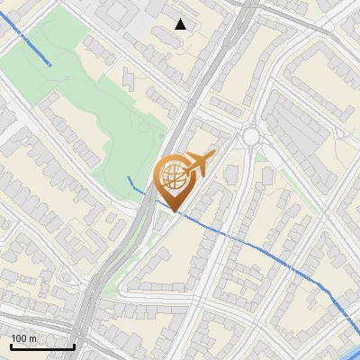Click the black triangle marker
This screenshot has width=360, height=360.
pyautogui.click(x=181, y=24)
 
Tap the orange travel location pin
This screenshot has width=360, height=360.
pyautogui.click(x=177, y=180)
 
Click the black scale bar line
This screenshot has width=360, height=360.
pyautogui.click(x=42, y=346)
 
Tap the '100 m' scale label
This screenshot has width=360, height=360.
pyautogui.click(x=23, y=338)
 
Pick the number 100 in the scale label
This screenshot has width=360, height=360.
pyautogui.click(x=19, y=338)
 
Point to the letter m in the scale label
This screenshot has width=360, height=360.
pyautogui.click(x=32, y=338)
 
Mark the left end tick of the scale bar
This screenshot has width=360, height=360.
pyautogui.click(x=11, y=345)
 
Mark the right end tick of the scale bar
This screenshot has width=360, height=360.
pyautogui.click(x=74, y=345)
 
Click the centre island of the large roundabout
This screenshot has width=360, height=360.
pyautogui.click(x=250, y=137)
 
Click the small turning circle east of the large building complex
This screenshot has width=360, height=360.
pyautogui.click(x=339, y=134)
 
